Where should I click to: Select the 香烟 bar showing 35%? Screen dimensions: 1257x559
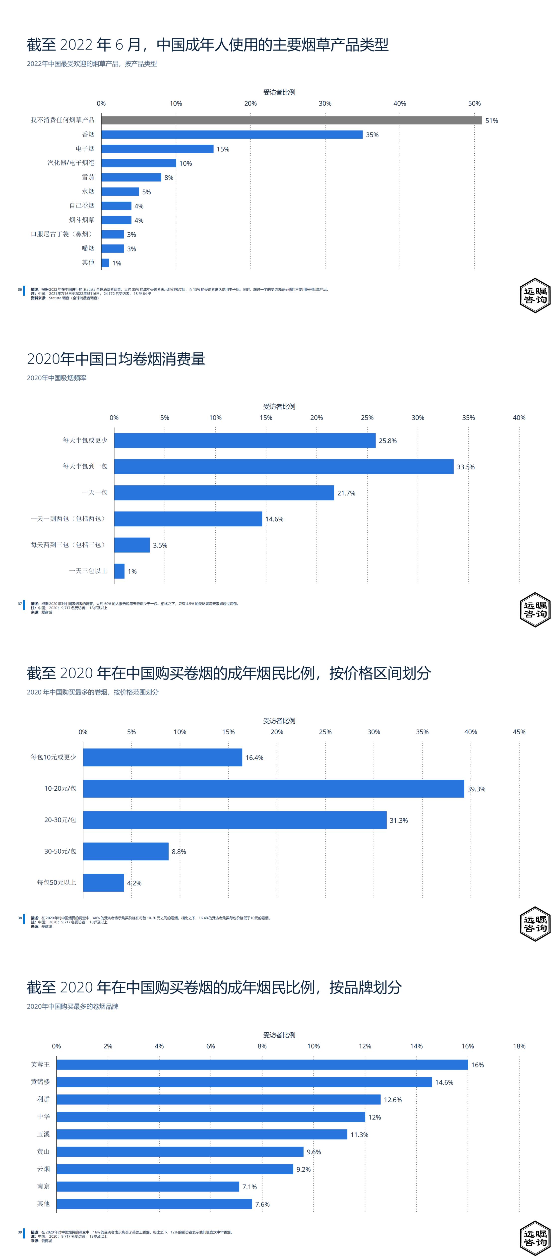[232, 135]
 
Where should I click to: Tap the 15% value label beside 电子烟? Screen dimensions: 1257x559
[223, 149]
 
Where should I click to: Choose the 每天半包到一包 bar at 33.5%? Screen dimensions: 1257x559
[283, 466]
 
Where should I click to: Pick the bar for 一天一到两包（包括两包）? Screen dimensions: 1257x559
[188, 519]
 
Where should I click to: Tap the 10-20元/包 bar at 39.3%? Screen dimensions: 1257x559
[273, 789]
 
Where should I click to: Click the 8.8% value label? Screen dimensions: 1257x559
[179, 852]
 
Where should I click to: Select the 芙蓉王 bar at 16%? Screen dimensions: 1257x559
[262, 1065]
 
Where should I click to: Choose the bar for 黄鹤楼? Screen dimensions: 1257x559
[244, 1082]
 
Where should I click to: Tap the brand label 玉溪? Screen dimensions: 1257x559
[43, 1134]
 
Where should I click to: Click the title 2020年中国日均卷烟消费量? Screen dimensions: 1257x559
[116, 359]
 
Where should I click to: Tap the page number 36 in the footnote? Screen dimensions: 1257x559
[20, 289]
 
